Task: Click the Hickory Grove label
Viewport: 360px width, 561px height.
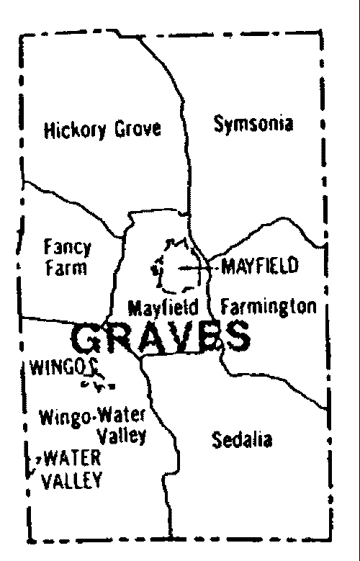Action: pos(102,130)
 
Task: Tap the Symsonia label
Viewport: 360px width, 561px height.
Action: pos(253,125)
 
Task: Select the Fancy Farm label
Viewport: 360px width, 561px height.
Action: pos(67,258)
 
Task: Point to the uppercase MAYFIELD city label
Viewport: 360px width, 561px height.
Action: pos(259,267)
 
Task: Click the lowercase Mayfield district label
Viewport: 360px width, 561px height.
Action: pos(163,308)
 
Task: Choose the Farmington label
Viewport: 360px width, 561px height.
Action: pos(268,307)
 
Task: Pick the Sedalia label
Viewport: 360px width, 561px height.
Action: pos(242,439)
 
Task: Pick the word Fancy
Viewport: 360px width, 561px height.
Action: pos(67,248)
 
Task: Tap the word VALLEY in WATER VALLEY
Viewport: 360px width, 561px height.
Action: pos(72,480)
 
